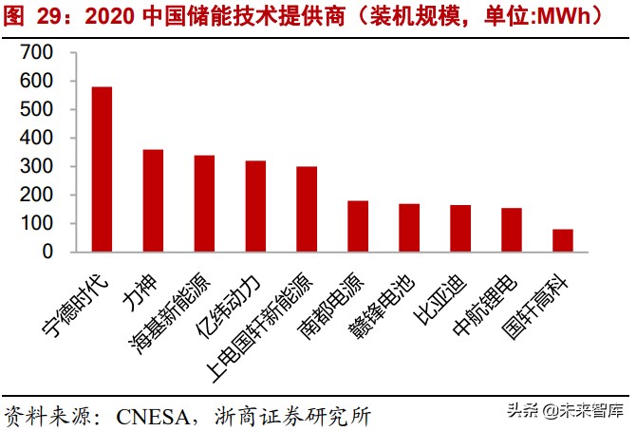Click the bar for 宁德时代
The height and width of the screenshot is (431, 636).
point(102,169)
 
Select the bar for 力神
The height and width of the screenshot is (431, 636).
point(153,200)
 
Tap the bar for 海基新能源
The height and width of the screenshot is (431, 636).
point(204,203)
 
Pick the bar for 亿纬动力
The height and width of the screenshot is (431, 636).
point(255,206)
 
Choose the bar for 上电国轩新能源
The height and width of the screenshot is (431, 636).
point(307,209)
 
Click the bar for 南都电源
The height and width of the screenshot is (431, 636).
point(358,226)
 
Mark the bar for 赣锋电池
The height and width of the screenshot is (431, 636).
point(409,228)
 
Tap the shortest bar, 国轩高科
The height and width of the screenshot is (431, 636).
point(563,240)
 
